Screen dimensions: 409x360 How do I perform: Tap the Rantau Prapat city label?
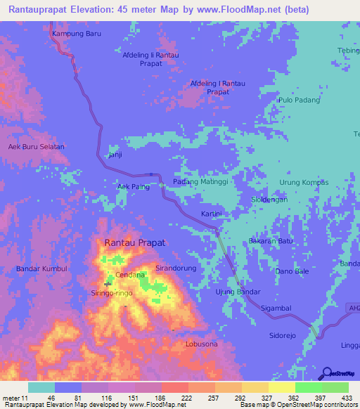(x=135, y=242)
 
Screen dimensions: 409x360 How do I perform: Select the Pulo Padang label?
(x=299, y=100)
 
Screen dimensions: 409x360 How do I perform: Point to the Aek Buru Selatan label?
(x=36, y=147)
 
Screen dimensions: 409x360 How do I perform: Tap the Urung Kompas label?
(x=304, y=182)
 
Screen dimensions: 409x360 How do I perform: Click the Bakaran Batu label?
(x=271, y=241)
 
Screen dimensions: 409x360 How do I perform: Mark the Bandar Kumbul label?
(x=41, y=269)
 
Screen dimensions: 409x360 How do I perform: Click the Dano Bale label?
(x=292, y=271)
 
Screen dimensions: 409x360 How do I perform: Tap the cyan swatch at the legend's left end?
(x=41, y=387)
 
